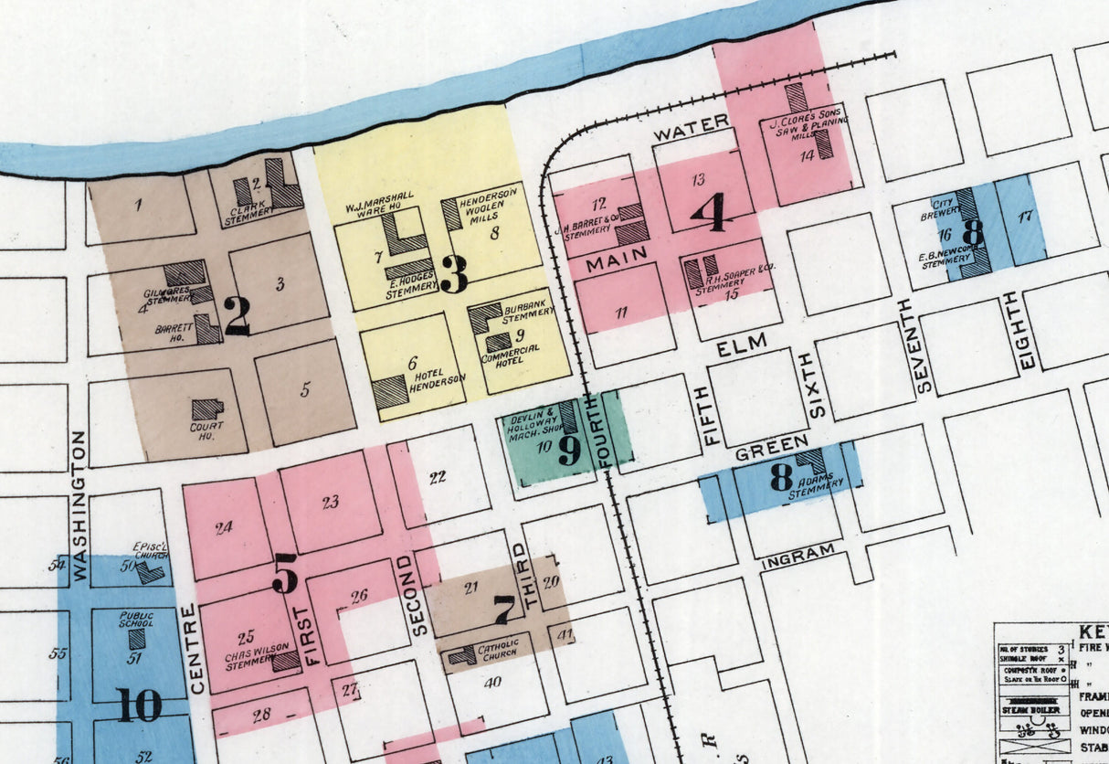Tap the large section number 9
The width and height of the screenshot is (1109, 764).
pos(569,449)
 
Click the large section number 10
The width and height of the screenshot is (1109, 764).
pos(139,705)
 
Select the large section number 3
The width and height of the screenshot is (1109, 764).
pos(453,273)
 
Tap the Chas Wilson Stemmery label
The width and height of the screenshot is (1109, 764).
pos(248,659)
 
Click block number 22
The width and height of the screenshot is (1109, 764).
pos(438,476)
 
